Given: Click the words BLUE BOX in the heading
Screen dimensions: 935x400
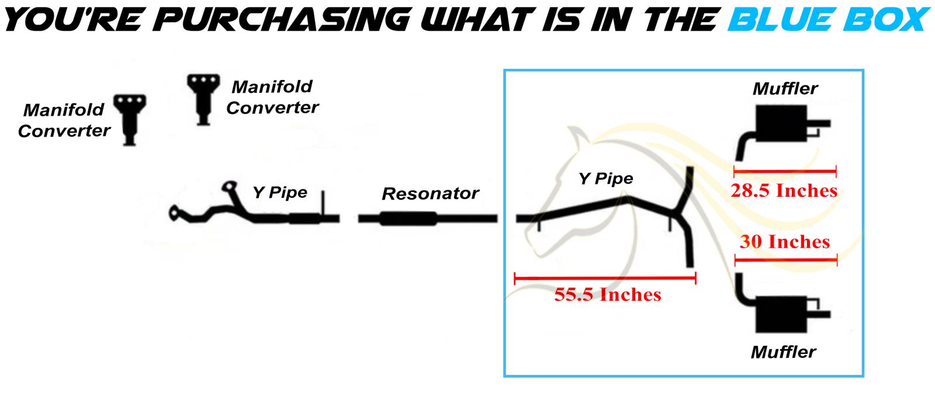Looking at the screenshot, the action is pos(828,20).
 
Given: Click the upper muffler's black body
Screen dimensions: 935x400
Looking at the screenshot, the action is pos(781,123).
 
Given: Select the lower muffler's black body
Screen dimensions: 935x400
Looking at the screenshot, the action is pos(781,315).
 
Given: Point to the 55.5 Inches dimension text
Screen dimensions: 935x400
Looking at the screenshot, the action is pos(608,295).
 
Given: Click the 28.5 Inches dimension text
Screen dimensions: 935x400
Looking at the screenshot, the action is pos(784,190).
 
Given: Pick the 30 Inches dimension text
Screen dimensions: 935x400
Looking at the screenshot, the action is pos(785,242).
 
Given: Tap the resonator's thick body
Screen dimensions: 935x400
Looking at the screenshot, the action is pos(408,218).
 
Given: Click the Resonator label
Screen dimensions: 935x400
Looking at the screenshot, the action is pos(430,193).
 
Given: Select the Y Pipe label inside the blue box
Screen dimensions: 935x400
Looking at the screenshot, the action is pos(605,179).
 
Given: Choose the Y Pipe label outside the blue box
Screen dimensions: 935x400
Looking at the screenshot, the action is pos(280,193).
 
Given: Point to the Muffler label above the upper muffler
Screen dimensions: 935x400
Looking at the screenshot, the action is pos(785,89).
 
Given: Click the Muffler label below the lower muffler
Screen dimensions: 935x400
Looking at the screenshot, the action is pos(784,353).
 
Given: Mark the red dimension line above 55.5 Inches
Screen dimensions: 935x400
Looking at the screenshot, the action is pos(605,278).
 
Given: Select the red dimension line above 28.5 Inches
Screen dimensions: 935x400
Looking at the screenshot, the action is pos(785,171).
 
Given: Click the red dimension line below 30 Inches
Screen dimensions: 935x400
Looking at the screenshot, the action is pos(786,261).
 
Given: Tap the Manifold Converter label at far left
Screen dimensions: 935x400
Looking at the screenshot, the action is pos(64,120).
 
